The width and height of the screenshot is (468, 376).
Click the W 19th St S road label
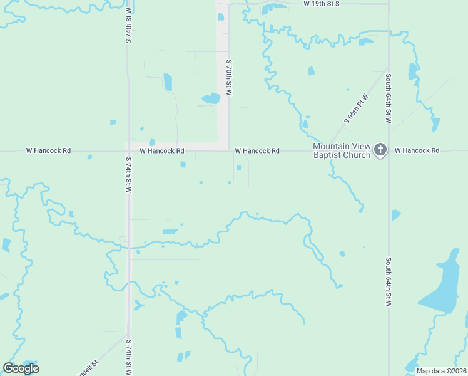321,4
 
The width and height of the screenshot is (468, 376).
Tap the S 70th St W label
229,77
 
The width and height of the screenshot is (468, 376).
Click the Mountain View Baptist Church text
342,150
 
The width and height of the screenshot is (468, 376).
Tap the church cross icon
380,150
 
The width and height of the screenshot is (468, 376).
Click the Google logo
21,368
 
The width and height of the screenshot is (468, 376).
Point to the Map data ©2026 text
440,371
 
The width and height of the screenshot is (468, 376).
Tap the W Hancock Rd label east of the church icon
417,150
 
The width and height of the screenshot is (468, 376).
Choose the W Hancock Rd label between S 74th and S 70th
162,151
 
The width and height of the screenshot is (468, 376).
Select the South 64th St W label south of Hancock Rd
389,282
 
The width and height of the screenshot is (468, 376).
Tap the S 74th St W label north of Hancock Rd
129,25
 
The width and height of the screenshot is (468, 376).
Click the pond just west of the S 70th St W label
211,98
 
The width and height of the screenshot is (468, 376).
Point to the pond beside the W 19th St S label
273,8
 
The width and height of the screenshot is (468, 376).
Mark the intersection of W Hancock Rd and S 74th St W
128,151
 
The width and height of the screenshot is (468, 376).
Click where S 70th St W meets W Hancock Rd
228,150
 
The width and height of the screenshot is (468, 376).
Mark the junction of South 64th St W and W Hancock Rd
389,150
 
